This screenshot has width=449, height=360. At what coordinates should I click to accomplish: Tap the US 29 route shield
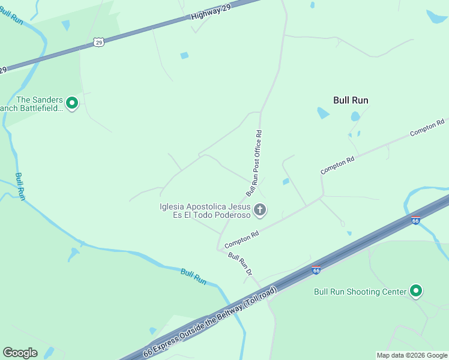point(99,41)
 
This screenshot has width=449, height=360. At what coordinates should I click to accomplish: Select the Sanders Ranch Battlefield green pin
point(72,104)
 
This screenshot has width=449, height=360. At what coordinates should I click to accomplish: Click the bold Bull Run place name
point(351,100)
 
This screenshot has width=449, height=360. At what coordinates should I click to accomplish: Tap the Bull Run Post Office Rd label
point(254,163)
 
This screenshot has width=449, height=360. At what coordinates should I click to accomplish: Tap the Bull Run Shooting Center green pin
point(416,292)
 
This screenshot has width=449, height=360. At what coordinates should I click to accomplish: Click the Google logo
point(20,353)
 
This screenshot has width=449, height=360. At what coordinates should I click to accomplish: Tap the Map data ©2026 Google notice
point(412,355)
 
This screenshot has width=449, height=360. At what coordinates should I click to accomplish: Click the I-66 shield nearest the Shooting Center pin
point(316,270)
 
